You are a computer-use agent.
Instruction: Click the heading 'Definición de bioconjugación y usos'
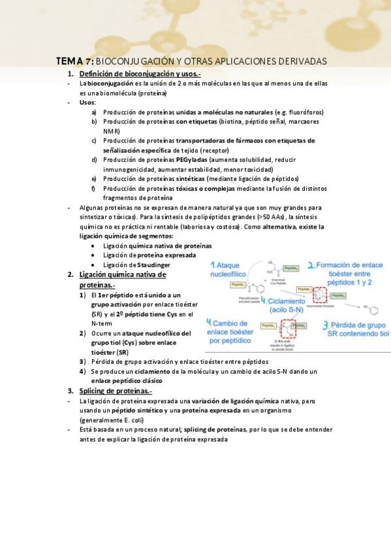click(x=138, y=74)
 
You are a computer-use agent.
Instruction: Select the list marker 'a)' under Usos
click(x=95, y=112)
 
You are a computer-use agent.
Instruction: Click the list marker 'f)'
click(x=95, y=189)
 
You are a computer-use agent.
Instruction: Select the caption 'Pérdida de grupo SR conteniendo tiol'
click(x=358, y=329)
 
